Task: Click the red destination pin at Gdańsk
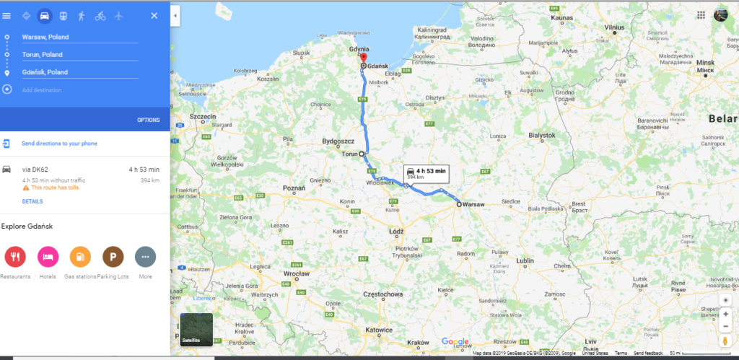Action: pos(364,59)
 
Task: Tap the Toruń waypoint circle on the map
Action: pos(362,154)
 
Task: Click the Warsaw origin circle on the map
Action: pos(458,205)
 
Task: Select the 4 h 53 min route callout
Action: pos(427,172)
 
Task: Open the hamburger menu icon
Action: pos(7,15)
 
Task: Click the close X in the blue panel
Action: pos(154,15)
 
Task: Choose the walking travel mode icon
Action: pos(82,15)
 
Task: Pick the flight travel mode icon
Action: pos(119,15)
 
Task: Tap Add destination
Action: pos(41,90)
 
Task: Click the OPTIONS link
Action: pos(148,120)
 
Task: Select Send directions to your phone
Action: pos(59,144)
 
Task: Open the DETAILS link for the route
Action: pos(32,201)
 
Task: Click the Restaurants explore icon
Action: pos(15,256)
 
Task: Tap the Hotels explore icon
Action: pos(47,256)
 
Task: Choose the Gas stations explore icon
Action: pos(80,256)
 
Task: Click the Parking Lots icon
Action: pos(113,256)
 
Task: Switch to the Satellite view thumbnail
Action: pos(196,330)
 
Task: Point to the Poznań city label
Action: pos(294,188)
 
